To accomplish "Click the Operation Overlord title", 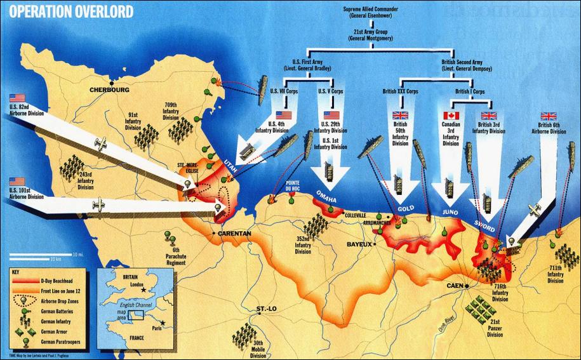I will tap(70, 12).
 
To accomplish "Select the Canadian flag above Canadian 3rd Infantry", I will tap(451, 116).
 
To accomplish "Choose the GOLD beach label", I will tap(406, 208).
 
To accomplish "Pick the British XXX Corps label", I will tap(400, 91).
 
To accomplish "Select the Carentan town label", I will tap(235, 234).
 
